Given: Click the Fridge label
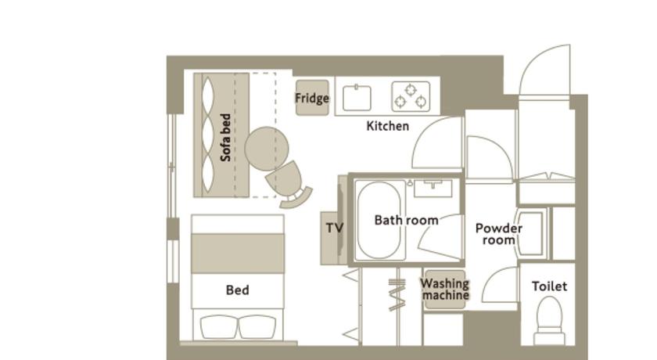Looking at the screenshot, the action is (312, 98).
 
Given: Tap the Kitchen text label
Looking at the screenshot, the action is (388, 126).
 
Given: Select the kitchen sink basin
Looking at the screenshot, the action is (357, 98).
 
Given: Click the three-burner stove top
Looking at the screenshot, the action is (411, 96).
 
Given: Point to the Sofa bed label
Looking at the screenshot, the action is (225, 138).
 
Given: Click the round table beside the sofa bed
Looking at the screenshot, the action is (267, 149).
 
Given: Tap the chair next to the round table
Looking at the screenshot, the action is (289, 184).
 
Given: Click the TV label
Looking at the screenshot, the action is (335, 228).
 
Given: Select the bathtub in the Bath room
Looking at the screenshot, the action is (379, 220).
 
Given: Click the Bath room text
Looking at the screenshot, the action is (407, 220).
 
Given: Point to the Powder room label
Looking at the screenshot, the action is (499, 234).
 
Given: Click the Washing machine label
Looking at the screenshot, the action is (445, 289).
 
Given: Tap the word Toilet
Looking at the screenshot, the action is (549, 286).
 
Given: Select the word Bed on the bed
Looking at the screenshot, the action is (237, 290).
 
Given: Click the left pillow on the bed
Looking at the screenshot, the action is (219, 327).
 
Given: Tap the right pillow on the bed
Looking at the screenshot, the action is (257, 327).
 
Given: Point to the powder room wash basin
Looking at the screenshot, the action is (530, 233).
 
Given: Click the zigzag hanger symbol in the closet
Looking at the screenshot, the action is (397, 295).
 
